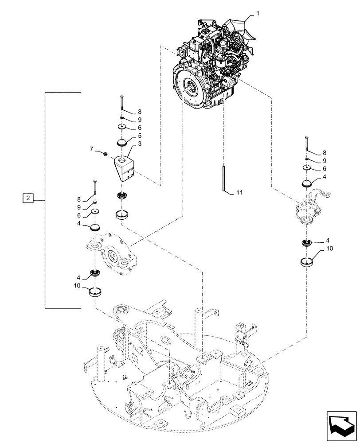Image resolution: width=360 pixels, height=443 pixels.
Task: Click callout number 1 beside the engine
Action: coord(258,15)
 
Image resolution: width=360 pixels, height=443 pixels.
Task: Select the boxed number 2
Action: coord(27,198)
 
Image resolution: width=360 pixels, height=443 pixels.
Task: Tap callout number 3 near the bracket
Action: coord(140,144)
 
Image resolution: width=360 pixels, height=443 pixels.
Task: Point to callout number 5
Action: coord(139,135)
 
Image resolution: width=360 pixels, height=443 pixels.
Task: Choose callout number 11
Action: coord(240,193)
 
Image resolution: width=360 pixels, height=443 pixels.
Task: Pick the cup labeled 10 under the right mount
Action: coord(307,262)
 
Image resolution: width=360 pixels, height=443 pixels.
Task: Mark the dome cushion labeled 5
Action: coord(122,143)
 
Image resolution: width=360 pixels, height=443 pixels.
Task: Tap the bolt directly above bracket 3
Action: coord(121,105)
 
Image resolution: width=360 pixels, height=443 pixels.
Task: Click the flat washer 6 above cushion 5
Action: coord(122,127)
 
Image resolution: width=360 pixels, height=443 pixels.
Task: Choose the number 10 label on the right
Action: coord(329,249)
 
